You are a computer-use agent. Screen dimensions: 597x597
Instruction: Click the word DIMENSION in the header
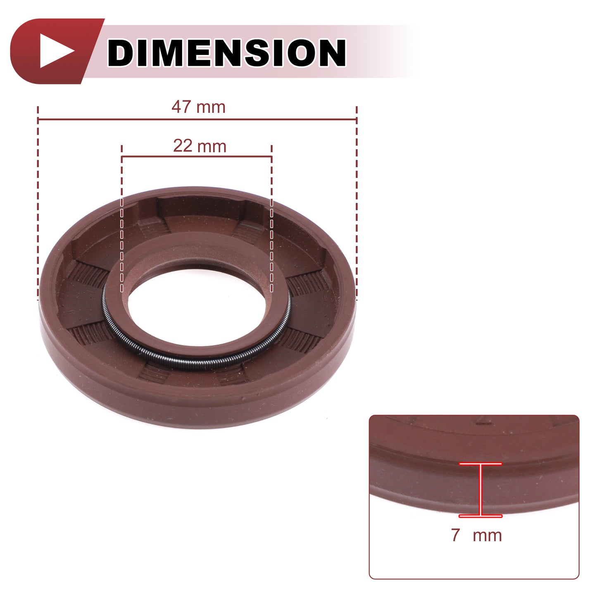pos(226,52)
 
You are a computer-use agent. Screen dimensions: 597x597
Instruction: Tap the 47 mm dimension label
pos(199,107)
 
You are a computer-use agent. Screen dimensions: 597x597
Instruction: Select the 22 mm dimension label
pos(200,146)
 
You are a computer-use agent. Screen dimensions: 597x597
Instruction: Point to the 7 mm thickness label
pos(476,535)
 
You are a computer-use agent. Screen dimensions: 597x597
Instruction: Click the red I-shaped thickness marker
pos(480,490)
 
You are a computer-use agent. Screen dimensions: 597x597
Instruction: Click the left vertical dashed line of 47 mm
pos(38,203)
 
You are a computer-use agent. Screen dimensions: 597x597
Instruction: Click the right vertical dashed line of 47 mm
pos(357,203)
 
